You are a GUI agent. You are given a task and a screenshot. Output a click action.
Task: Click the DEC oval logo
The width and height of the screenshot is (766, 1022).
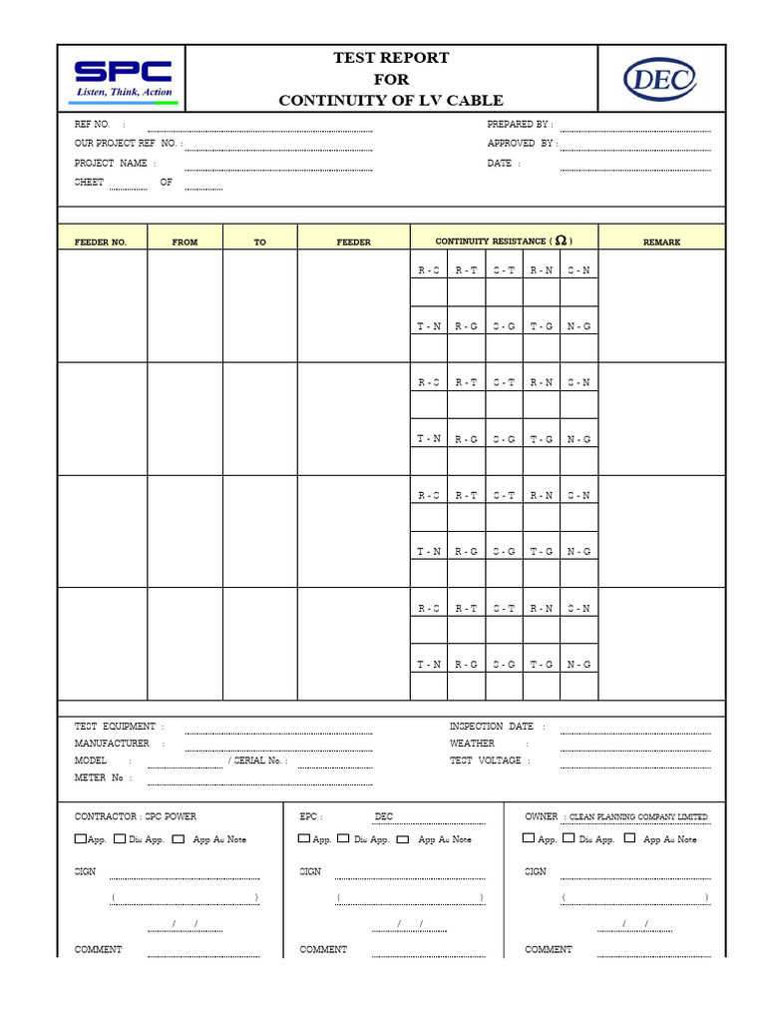click(660, 79)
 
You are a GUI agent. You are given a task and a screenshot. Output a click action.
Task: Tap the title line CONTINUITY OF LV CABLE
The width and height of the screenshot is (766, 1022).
click(390, 100)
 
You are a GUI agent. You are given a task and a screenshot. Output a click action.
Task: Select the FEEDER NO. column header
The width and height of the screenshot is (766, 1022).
click(101, 243)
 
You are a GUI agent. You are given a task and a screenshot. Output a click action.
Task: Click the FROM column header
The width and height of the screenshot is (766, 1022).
click(185, 243)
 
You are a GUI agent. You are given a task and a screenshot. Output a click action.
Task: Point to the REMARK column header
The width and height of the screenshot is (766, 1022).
click(661, 243)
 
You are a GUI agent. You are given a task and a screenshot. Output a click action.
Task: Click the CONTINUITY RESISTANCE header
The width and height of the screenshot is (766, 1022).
click(503, 242)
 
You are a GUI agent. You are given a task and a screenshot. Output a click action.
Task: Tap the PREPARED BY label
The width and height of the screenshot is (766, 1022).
click(519, 125)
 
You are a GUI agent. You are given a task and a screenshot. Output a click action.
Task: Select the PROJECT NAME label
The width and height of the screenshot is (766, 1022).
click(111, 163)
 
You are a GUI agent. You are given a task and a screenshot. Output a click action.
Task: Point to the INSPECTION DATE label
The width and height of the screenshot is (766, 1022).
click(492, 727)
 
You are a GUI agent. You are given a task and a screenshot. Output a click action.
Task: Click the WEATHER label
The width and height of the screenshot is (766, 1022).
click(472, 744)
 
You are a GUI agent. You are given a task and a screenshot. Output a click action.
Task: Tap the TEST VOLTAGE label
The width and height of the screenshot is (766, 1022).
click(485, 761)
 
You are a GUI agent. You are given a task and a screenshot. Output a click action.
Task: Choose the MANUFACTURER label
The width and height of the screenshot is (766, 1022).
click(112, 744)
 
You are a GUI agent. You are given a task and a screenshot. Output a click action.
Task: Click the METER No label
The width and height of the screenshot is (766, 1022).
click(99, 777)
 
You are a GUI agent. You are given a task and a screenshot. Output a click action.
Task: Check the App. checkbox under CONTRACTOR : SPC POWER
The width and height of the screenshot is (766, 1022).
click(80, 838)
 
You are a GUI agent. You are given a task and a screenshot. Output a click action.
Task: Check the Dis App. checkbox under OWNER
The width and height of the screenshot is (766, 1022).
click(570, 838)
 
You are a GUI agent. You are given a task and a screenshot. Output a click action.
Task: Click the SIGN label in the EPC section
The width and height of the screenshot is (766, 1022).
click(310, 871)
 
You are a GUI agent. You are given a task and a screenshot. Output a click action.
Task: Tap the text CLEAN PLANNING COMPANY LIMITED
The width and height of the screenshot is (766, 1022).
click(638, 816)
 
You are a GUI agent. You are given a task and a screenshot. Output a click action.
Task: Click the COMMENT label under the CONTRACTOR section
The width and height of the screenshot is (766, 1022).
click(98, 949)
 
